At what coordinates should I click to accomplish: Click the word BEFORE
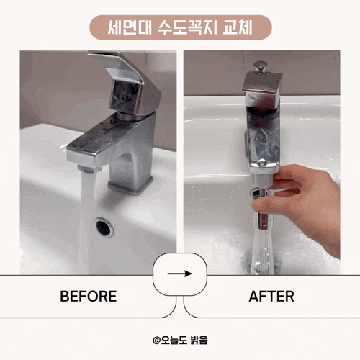pyautogui.click(x=89, y=296)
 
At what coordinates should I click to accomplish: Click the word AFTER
pyautogui.click(x=271, y=296)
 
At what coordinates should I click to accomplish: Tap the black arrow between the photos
pyautogui.click(x=180, y=274)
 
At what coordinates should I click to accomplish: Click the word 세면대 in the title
pyautogui.click(x=130, y=27)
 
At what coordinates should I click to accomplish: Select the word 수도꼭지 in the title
pyautogui.click(x=187, y=27)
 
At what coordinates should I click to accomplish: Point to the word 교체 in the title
pyautogui.click(x=238, y=27)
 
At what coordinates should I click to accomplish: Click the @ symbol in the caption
pyautogui.click(x=156, y=340)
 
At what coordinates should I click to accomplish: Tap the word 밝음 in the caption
pyautogui.click(x=199, y=340)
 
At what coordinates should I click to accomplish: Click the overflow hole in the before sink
pyautogui.click(x=104, y=227)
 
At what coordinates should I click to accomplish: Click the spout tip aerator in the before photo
pyautogui.click(x=89, y=168)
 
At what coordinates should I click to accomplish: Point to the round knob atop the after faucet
pyautogui.click(x=261, y=66)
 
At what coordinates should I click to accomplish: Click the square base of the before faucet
pyautogui.click(x=130, y=185)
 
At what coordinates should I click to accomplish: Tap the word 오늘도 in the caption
pyautogui.click(x=174, y=340)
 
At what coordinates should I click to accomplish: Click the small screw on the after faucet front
pyautogui.click(x=261, y=163)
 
